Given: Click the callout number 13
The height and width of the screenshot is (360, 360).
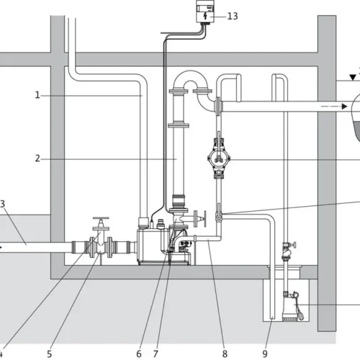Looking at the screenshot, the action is click(x=233, y=17).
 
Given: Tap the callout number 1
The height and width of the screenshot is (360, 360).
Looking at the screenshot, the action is click(x=37, y=95).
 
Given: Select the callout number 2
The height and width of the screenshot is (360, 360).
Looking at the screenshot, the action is click(x=37, y=158).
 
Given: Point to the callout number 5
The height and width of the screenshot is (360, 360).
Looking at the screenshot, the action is click(x=49, y=354).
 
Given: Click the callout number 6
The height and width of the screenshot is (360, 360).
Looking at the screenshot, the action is click(x=139, y=354).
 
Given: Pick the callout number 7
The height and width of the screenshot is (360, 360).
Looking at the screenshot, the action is click(x=156, y=354).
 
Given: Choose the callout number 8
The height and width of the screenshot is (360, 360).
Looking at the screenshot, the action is click(x=225, y=354).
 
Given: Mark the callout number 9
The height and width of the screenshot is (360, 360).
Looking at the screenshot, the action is click(x=265, y=354).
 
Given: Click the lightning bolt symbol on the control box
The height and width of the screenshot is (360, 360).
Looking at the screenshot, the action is click(x=205, y=17).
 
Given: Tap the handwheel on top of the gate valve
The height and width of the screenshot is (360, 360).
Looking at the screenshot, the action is click(x=101, y=218).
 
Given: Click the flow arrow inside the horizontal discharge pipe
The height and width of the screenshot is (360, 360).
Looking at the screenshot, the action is click(x=334, y=106).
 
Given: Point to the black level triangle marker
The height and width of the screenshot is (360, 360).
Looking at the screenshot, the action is click(x=353, y=77).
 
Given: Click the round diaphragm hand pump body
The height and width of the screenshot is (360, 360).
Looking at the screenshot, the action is click(x=219, y=158).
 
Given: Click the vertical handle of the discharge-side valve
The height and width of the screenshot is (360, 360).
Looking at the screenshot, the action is click(x=204, y=218).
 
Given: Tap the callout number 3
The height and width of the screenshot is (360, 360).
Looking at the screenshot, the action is click(x=2, y=204).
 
